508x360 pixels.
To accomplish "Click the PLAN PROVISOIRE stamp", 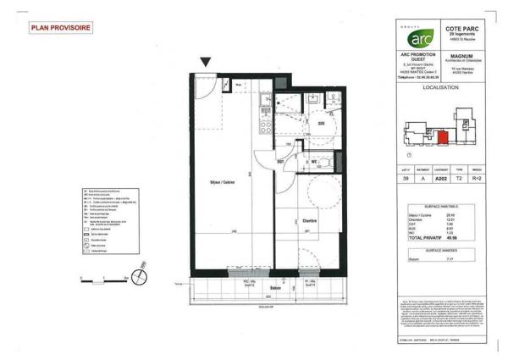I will tap(62, 28).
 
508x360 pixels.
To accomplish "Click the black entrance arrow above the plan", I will tap(206, 62).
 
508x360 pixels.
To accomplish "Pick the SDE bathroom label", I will tap(322, 124).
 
